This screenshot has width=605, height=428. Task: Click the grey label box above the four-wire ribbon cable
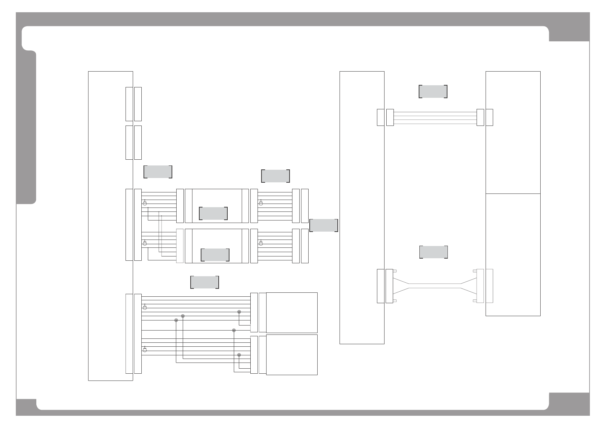tap(433, 91)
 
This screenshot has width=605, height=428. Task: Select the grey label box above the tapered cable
tap(433, 252)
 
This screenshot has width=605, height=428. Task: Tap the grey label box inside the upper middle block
tap(213, 213)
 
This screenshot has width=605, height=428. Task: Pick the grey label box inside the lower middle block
tap(215, 255)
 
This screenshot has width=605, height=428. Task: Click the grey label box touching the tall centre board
tap(323, 225)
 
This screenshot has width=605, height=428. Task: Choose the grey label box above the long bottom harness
tap(204, 282)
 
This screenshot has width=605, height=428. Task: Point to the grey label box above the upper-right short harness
tap(275, 176)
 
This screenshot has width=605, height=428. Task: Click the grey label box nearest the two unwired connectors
tap(158, 172)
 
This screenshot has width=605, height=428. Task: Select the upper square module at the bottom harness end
tap(291, 313)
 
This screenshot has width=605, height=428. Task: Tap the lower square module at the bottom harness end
tap(291, 355)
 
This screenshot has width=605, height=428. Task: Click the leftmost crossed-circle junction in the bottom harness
tap(176, 320)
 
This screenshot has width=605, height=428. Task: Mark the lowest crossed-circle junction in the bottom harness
tap(239, 355)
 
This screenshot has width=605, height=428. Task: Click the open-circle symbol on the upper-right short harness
tap(261, 204)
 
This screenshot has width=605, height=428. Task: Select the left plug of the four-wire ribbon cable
tap(390, 117)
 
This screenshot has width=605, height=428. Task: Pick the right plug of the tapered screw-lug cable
tap(480, 286)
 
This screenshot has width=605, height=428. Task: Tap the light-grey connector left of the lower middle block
tap(180, 246)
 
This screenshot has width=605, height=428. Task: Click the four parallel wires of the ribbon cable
tap(435, 117)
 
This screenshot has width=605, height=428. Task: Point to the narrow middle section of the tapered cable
tap(435, 286)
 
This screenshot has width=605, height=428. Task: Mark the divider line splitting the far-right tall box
tap(513, 193)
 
